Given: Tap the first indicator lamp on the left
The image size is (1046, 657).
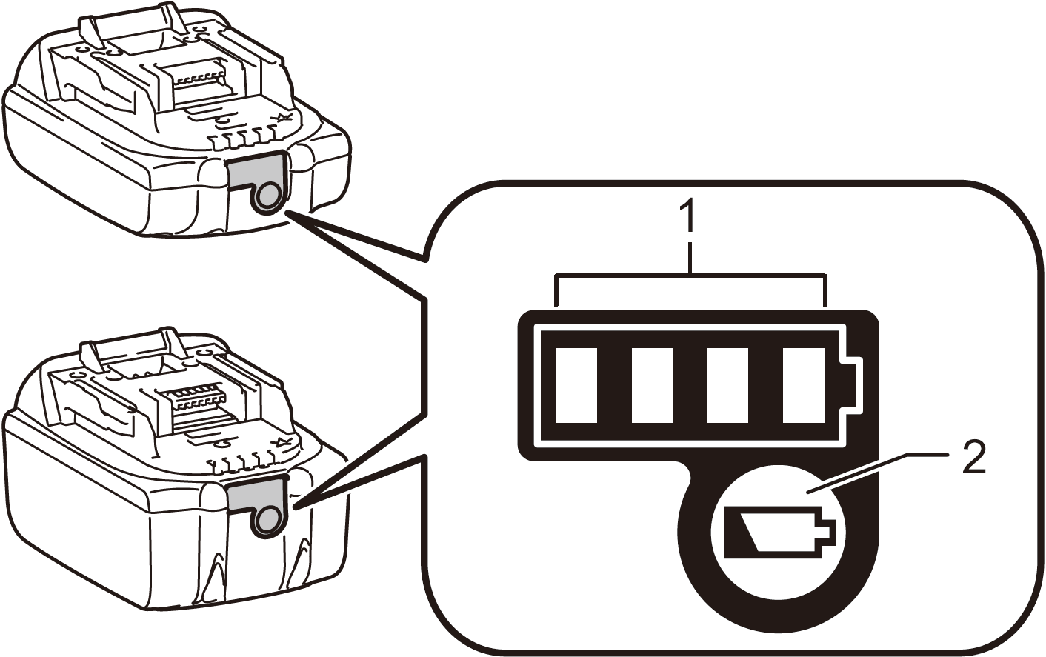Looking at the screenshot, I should [576, 385].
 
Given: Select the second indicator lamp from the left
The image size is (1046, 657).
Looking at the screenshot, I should [652, 385].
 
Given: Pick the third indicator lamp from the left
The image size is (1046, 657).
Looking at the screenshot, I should [727, 385].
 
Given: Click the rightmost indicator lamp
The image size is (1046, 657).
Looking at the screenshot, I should [804, 385].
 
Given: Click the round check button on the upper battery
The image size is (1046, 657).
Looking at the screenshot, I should [267, 196].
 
